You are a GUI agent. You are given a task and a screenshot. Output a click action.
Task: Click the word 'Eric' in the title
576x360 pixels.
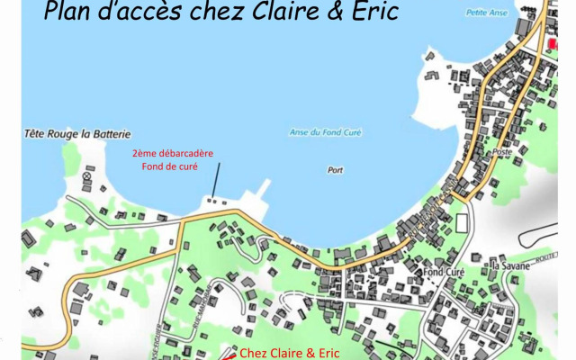point(370,12)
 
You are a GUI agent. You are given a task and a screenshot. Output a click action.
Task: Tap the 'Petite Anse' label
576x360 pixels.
point(486,13)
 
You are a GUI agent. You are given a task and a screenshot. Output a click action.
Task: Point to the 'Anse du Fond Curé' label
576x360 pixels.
point(325,132)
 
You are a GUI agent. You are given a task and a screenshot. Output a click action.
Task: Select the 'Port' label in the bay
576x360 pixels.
point(336,169)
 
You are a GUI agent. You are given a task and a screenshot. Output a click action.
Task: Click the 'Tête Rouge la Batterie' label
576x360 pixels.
point(78,134)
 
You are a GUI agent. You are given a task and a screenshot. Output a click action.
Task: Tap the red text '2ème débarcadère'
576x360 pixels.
point(173,153)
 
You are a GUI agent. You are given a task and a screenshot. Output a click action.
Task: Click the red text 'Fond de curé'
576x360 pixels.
point(169,166)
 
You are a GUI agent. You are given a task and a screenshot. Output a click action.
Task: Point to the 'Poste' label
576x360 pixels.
point(500,153)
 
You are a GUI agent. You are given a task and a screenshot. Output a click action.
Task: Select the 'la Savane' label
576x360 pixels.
point(508,265)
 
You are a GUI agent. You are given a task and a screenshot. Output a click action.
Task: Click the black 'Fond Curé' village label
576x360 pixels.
point(445,272)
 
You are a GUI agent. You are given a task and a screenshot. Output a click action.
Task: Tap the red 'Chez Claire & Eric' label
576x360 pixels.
point(290,353)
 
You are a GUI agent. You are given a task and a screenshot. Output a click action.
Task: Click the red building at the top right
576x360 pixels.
point(552,43)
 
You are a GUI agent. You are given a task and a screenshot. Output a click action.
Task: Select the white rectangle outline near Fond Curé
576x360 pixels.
point(463,222)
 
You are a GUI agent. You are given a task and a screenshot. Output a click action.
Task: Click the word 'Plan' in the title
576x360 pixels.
point(69,12)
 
